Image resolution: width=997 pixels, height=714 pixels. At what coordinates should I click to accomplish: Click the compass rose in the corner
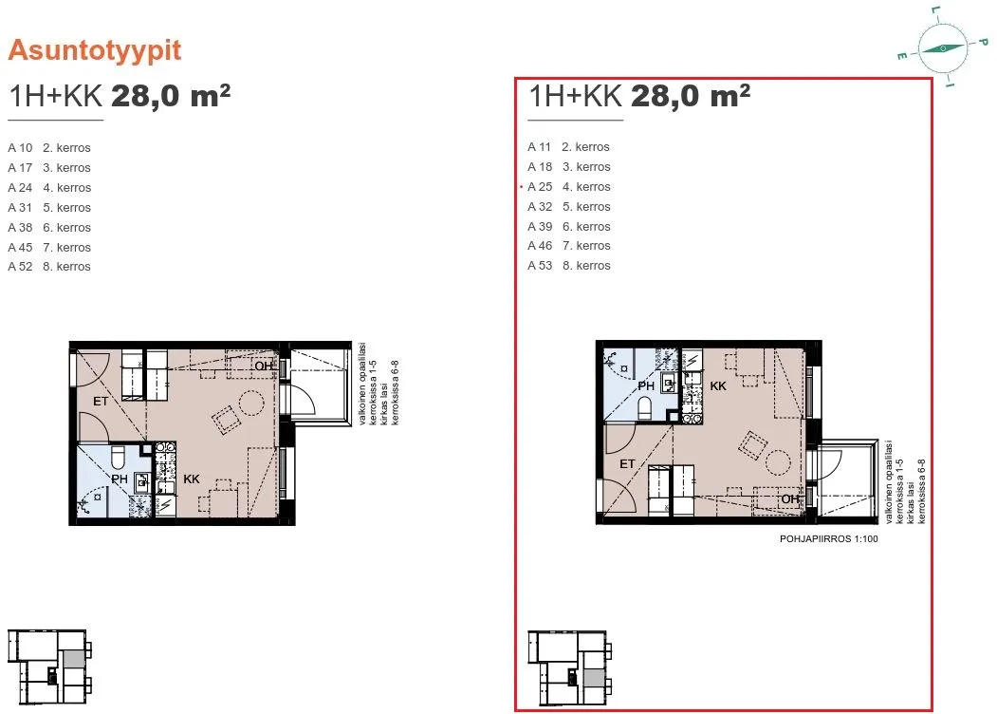pos(943,48)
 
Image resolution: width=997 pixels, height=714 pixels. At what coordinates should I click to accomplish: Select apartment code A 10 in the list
pos(20,147)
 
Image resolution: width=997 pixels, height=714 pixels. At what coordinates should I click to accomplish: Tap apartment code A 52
pos(20,267)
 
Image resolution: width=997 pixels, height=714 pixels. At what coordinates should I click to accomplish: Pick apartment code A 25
pos(540,186)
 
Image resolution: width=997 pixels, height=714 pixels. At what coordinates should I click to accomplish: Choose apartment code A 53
pos(540,265)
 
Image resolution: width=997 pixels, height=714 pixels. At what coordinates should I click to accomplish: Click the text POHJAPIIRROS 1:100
pos(828,538)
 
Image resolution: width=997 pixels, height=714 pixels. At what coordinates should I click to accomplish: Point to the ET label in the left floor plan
pos(101,401)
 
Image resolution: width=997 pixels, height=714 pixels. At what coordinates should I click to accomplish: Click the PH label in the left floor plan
pos(120,479)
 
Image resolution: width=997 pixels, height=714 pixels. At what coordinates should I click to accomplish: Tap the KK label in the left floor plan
pos(192,479)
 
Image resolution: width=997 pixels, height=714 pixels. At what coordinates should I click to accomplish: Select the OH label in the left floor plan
pos(263,366)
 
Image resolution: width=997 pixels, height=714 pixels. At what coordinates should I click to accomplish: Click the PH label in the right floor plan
pos(646,385)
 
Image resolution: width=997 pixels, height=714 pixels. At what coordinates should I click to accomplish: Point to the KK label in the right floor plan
pos(718,385)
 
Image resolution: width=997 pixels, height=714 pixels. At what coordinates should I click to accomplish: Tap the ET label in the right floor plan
pos(627,464)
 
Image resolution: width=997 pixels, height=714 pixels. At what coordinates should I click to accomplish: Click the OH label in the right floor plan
pos(789,498)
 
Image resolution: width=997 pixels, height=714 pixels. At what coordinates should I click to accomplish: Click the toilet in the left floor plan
pos(119,457)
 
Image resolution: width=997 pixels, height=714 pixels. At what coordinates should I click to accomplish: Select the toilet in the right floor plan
pos(645,408)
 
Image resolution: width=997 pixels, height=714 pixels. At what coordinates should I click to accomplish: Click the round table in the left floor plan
pos(251,403)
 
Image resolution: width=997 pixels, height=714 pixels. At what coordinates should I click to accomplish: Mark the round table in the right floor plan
pos(777,462)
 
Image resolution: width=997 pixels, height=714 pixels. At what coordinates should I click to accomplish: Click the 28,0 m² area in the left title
pos(171,96)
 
